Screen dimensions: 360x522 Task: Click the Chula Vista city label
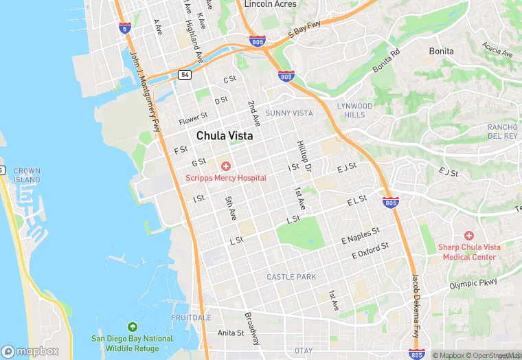click(x=225, y=136)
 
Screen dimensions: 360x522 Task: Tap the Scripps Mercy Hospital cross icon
click(x=225, y=166)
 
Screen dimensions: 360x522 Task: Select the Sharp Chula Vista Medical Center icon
click(x=469, y=236)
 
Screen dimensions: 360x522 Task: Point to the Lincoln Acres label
click(x=271, y=4)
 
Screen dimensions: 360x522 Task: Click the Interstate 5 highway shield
click(x=124, y=28)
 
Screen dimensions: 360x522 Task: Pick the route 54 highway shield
click(x=185, y=74)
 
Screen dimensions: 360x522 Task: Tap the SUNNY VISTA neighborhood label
click(x=289, y=113)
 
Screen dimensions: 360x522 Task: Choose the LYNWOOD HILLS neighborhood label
click(x=354, y=111)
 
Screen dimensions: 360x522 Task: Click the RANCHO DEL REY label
click(x=502, y=131)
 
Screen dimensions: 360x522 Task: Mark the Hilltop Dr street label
click(x=304, y=156)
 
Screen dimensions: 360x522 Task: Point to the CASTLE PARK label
click(x=291, y=277)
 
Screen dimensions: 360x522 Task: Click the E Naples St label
click(x=361, y=236)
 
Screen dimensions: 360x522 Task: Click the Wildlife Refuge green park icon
click(x=133, y=326)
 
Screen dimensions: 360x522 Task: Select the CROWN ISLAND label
click(x=27, y=175)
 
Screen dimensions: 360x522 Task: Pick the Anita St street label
click(x=230, y=333)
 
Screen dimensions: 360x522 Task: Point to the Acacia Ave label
click(x=497, y=49)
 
